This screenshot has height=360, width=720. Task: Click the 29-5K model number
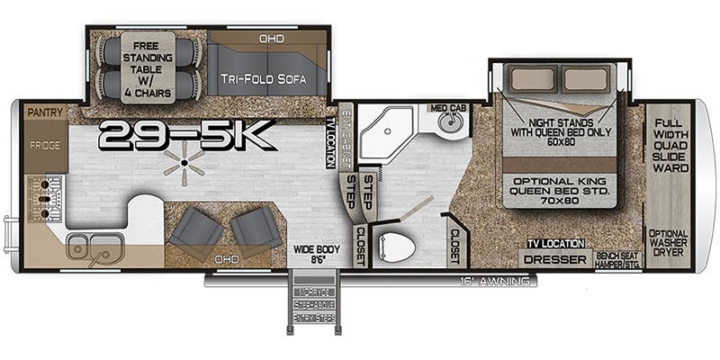click(186, 135)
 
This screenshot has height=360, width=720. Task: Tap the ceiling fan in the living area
click(184, 163)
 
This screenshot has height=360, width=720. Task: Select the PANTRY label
click(44, 112)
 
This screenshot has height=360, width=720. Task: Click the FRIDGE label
click(44, 145)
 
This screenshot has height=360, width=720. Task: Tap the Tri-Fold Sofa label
click(263, 79)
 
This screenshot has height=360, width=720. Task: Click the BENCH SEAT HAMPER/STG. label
click(618, 259)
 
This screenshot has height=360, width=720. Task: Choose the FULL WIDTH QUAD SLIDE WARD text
click(670, 144)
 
